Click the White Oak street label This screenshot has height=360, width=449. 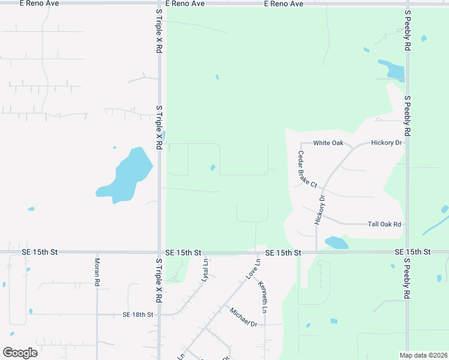pyautogui.click(x=328, y=143)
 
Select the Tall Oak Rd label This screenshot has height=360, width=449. pyautogui.click(x=384, y=224)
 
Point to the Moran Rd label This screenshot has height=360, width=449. pyautogui.click(x=97, y=272)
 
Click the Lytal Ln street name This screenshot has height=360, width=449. pyautogui.click(x=205, y=267)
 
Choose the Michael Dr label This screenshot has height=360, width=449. pyautogui.click(x=243, y=316)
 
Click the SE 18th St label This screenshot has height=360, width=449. pyautogui.click(x=138, y=314)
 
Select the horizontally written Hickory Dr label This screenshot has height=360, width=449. pyautogui.click(x=385, y=143)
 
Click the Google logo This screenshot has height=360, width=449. pyautogui.click(x=20, y=353)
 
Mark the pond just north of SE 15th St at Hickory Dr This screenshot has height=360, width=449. pyautogui.click(x=336, y=242)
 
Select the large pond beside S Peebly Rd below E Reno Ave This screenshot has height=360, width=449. pyautogui.click(x=391, y=70)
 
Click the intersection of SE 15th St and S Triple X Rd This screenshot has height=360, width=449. pyautogui.click(x=159, y=253)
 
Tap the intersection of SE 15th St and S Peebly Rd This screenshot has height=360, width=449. pyautogui.click(x=407, y=253)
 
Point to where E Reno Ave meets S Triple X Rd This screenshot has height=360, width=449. pyautogui.click(x=159, y=4)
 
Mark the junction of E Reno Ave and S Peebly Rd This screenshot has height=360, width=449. pyautogui.click(x=407, y=4)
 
